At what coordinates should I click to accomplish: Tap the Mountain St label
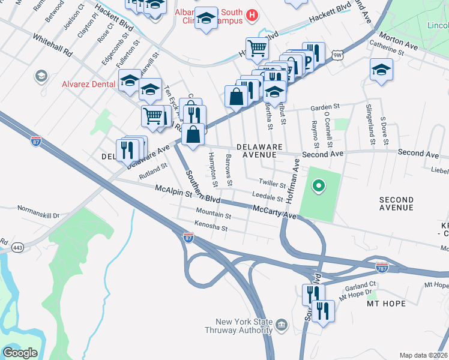click(x=213, y=214)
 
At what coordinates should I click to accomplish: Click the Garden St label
click(x=325, y=107)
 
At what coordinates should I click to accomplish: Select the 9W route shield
click(x=338, y=55)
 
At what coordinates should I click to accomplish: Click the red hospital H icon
click(x=252, y=14)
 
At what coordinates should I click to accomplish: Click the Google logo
click(x=20, y=353)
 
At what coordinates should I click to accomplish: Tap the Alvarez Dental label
click(x=88, y=84)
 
